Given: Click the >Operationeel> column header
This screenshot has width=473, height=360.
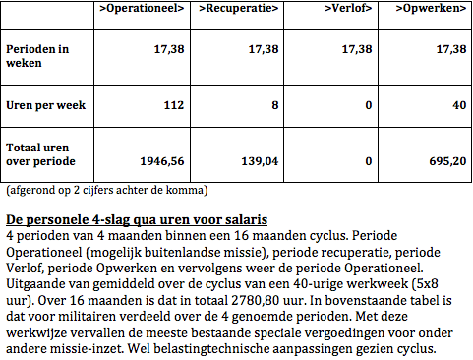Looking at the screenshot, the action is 144,10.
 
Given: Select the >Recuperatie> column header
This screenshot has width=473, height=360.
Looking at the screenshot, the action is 239,10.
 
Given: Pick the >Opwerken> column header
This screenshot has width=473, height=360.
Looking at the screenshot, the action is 429,10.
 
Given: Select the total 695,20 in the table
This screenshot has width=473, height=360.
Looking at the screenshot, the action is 443,160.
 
